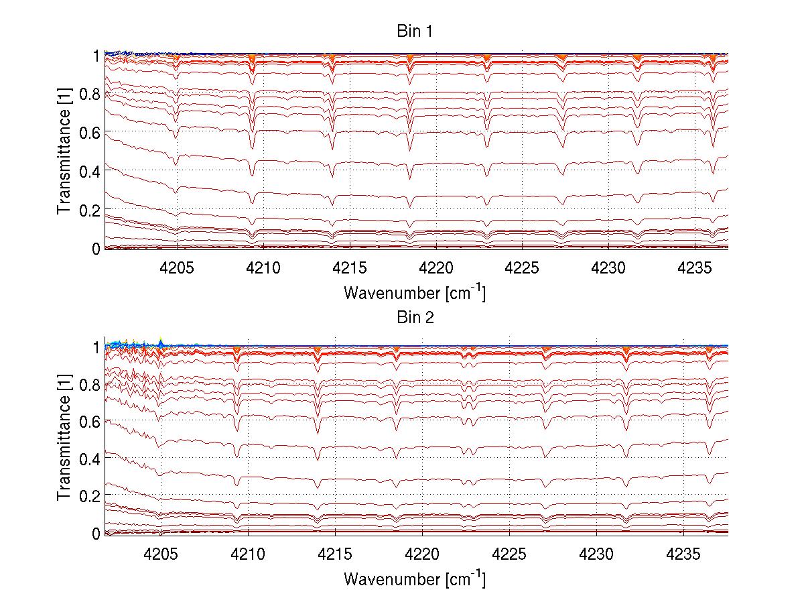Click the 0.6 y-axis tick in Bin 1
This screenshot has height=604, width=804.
[x=90, y=132]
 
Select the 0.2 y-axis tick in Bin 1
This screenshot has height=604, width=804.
[x=90, y=210]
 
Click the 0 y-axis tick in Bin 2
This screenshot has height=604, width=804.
[x=96, y=534]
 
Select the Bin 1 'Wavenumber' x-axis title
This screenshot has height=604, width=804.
[x=414, y=292]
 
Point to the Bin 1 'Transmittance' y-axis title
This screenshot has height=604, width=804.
[x=64, y=152]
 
